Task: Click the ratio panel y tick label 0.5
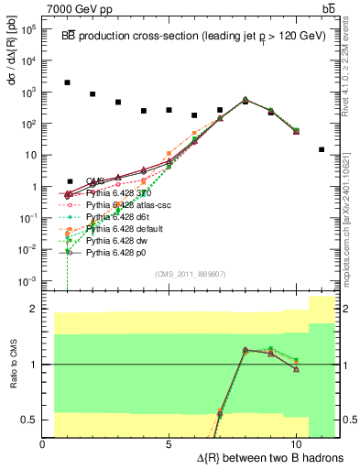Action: (28, 420)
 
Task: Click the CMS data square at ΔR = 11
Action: (322, 149)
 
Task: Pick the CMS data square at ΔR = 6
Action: (194, 115)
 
